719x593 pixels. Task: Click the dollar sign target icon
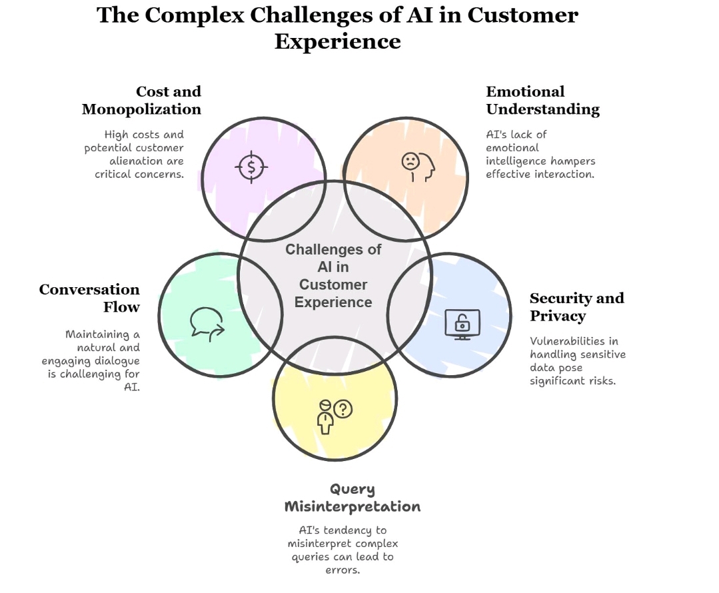251,167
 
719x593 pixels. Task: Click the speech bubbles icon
207,324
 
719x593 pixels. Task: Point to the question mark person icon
334,415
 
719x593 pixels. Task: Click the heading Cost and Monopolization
141,100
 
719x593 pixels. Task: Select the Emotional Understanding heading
542,100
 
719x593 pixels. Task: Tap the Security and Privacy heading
576,306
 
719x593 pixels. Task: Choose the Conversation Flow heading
89,298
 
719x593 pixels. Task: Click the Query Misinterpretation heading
353,498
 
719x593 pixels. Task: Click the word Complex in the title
195,15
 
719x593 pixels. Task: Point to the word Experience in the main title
338,41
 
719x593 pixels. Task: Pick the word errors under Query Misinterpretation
343,570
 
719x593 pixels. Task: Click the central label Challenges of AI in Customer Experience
333,275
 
